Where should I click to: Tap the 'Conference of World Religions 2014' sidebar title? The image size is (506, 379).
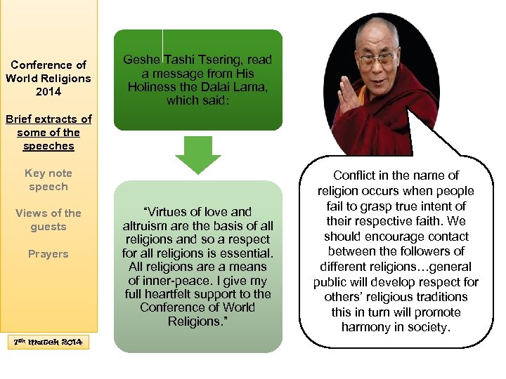[48, 78]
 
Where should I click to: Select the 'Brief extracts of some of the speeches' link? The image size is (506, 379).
[48, 133]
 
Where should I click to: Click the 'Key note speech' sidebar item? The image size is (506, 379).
[48, 180]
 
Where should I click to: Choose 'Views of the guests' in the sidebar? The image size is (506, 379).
[48, 220]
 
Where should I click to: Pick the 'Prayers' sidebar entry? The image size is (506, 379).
[48, 253]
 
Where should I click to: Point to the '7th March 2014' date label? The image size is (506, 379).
[48, 342]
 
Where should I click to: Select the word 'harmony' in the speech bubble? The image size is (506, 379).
[364, 327]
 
